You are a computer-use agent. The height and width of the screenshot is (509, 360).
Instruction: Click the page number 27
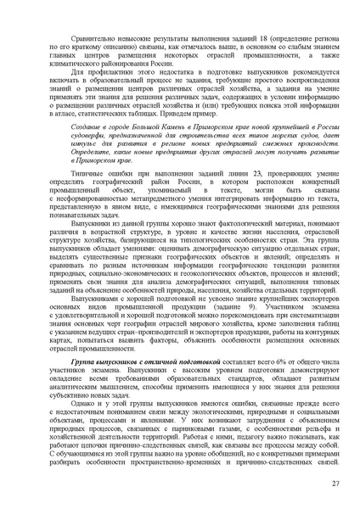pyautogui.click(x=336, y=483)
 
